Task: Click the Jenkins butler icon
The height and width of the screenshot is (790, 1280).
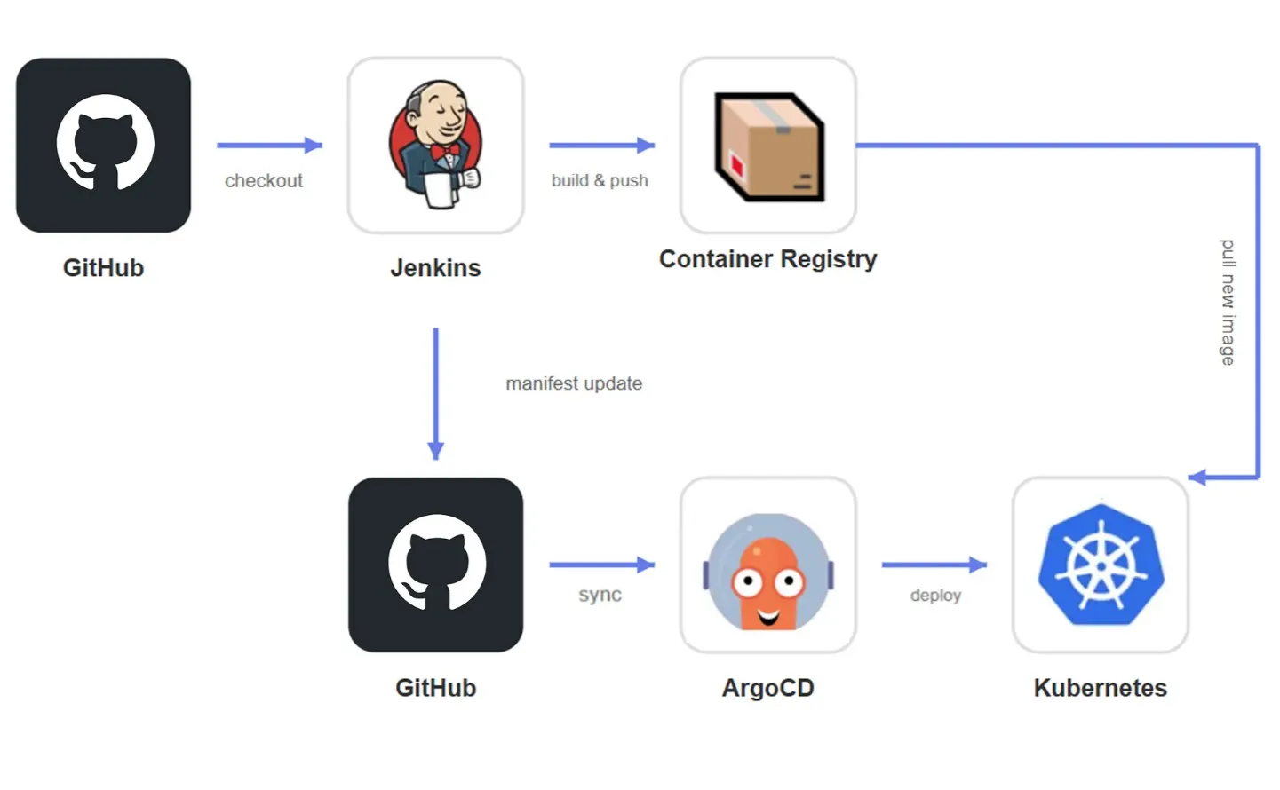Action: [x=435, y=145]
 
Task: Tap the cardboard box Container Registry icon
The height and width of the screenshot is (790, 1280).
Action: [x=769, y=146]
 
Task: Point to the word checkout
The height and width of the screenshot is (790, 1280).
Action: [x=264, y=181]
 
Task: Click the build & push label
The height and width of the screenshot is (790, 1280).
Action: [x=600, y=181]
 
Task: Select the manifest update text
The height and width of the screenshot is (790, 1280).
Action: [x=574, y=383]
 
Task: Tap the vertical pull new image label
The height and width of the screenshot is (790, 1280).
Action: [x=1228, y=302]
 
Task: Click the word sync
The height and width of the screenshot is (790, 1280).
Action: [x=600, y=595]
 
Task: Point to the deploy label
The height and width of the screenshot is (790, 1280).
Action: [x=935, y=595]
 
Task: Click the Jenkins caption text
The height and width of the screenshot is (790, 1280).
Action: [x=435, y=268]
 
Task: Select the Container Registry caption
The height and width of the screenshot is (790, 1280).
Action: [x=767, y=259]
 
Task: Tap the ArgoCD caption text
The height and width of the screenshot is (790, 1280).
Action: [x=767, y=688]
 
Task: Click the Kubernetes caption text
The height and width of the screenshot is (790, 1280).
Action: [x=1100, y=688]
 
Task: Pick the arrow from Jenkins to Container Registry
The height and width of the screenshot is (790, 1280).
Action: [x=601, y=145]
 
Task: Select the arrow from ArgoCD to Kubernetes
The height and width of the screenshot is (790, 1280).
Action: [x=934, y=565]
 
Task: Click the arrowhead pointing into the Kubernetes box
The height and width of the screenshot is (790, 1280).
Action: [x=1197, y=478]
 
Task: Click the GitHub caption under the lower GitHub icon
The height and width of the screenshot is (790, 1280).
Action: [x=435, y=688]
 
